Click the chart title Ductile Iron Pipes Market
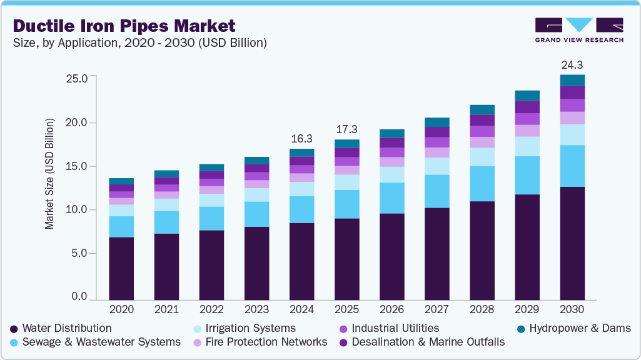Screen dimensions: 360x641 click(124, 26)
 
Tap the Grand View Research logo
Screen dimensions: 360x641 click(579, 30)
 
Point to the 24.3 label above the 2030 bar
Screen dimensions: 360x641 click(572, 65)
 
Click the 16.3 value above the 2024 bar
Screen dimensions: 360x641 click(301, 139)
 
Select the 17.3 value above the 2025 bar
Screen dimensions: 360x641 click(346, 129)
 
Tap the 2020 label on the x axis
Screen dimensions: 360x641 click(121, 309)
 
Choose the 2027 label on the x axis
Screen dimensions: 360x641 click(437, 309)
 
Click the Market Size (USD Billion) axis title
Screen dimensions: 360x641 click(49, 172)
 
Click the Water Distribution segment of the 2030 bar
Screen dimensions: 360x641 click(572, 244)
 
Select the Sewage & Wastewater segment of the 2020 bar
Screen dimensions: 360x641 click(121, 227)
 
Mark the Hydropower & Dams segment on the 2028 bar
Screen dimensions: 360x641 click(482, 110)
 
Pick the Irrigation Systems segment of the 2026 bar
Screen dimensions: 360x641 click(391, 174)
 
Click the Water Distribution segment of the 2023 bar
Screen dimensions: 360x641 click(256, 263)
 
